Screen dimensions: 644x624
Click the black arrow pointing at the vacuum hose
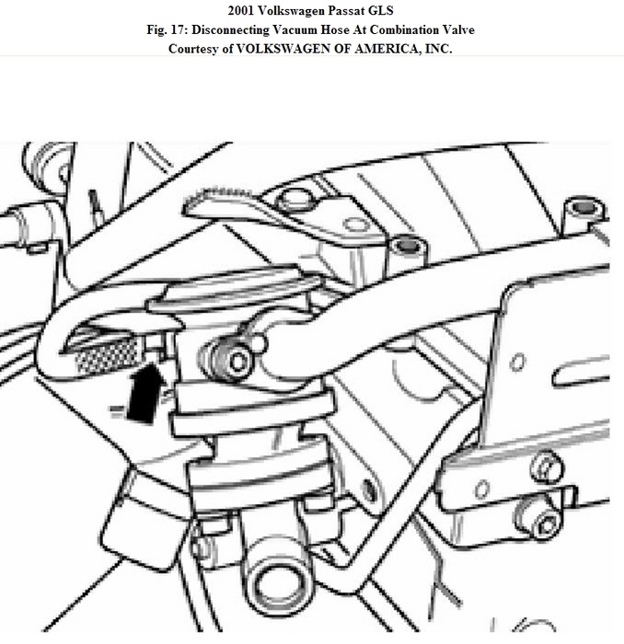pyautogui.click(x=141, y=393)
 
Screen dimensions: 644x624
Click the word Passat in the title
pyautogui.click(x=319, y=12)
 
